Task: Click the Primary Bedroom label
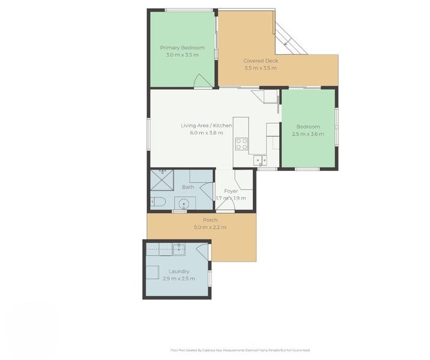pos(182,47)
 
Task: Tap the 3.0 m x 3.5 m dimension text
pos(182,55)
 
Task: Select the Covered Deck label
pos(260,61)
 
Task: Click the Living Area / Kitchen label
pos(207,125)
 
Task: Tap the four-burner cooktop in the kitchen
pos(241,143)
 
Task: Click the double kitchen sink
pos(260,160)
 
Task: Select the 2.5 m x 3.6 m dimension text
pos(307,134)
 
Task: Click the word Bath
pos(188,187)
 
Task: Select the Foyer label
pos(231,191)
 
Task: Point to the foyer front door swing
pos(226,205)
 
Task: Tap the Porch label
pos(210,220)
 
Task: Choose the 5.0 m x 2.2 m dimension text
pos(210,227)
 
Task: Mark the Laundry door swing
pos(202,250)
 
